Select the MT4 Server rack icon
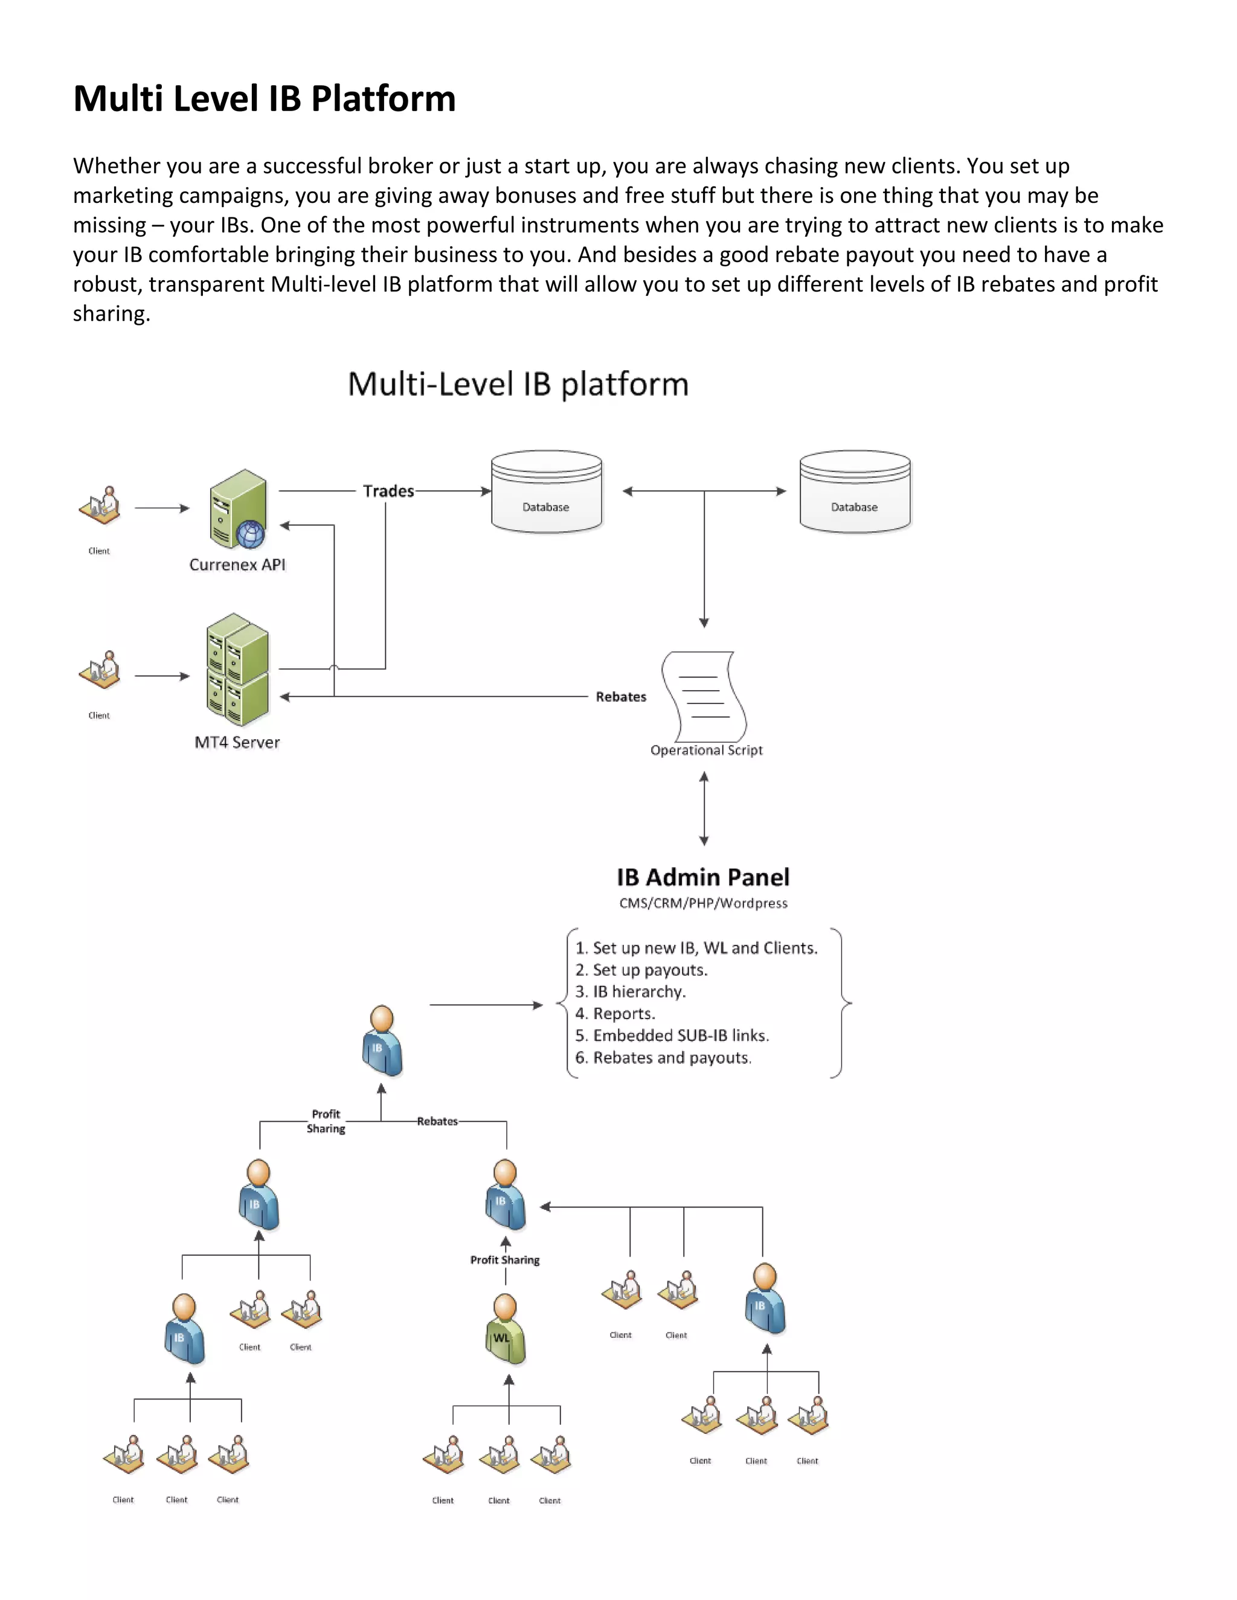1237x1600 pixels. [x=237, y=670]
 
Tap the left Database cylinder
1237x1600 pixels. [x=547, y=491]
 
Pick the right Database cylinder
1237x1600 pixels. [x=855, y=491]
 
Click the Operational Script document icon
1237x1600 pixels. [x=704, y=697]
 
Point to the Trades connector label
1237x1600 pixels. [x=388, y=491]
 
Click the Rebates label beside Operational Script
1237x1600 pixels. [x=621, y=697]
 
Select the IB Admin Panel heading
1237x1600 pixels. [x=703, y=877]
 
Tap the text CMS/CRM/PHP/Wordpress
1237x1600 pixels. [x=703, y=903]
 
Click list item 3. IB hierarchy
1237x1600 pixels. [x=630, y=991]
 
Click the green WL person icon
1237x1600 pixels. [x=505, y=1329]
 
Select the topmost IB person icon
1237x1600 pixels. [x=382, y=1041]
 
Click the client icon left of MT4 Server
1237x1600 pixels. [x=100, y=670]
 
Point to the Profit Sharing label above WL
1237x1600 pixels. [x=505, y=1259]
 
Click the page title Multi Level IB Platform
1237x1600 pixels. [x=265, y=98]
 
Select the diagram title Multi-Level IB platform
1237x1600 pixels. [x=518, y=384]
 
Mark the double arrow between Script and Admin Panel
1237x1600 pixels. [x=704, y=809]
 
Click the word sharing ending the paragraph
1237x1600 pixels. [x=111, y=313]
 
